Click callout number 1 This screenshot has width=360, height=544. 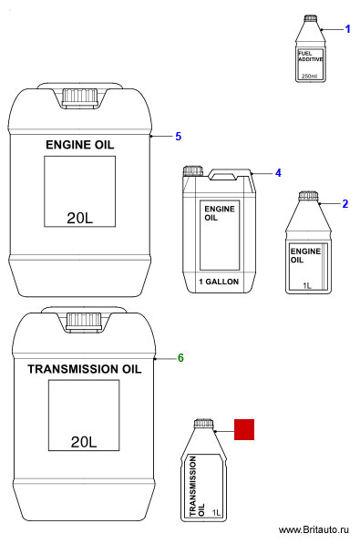coord(347,29)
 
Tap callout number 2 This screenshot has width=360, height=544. coord(345,203)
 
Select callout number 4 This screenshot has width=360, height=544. coord(278,173)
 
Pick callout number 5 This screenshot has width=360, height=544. coord(178,137)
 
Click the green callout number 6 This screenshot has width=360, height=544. coord(180,358)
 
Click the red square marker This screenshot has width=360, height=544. coord(244,429)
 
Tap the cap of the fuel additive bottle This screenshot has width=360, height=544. coord(311,18)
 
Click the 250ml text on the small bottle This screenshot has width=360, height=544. coord(309,76)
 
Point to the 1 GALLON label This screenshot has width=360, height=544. coord(219,282)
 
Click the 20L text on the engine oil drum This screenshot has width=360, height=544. coord(80,218)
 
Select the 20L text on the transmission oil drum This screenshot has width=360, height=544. coord(84,442)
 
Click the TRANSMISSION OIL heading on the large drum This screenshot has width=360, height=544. coord(85,369)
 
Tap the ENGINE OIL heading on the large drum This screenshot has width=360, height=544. coord(80,145)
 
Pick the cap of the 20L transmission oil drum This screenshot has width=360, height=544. coord(84,322)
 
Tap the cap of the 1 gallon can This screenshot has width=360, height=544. coord(193,171)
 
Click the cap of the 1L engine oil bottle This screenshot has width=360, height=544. coord(308,196)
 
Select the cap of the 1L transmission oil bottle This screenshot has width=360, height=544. coord(203,424)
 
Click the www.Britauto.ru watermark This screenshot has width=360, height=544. coord(314,529)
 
